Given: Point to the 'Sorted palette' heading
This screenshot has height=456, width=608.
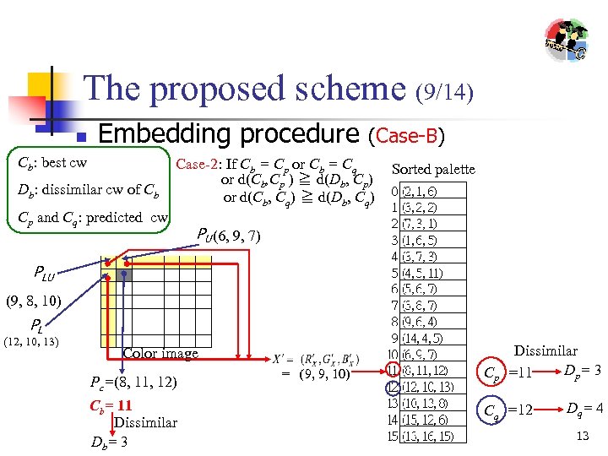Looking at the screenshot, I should (x=433, y=170).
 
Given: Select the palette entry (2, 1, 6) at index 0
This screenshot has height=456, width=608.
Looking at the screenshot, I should (x=421, y=192).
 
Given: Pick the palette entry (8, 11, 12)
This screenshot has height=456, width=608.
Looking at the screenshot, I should (x=425, y=371).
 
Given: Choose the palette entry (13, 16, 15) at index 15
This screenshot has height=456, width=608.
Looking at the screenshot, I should (x=427, y=436).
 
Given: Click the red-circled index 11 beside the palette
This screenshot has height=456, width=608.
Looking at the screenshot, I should (x=393, y=371).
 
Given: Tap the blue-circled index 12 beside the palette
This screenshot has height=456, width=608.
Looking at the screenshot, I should (x=393, y=387).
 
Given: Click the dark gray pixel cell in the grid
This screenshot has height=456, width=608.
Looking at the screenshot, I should (x=124, y=274).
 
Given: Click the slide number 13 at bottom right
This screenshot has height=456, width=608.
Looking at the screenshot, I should (x=582, y=436).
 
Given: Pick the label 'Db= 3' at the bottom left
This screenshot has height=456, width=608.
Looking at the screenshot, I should (x=109, y=441).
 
